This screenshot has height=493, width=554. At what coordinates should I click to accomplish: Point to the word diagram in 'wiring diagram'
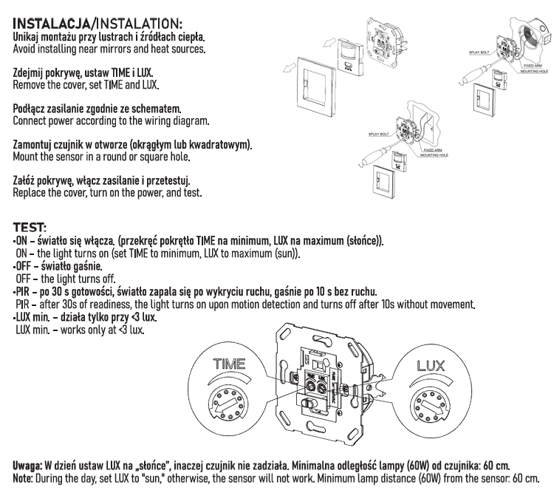[x=191, y=120]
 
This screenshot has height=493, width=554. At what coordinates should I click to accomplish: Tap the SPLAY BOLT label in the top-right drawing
[x=480, y=54]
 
